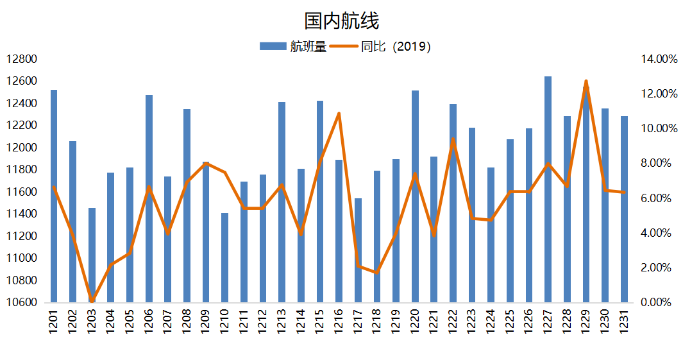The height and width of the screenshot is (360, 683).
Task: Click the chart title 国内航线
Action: (341, 21)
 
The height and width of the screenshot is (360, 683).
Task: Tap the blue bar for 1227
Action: (548, 189)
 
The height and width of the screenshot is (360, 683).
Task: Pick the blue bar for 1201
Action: (54, 196)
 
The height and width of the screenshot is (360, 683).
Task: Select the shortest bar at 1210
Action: (224, 257)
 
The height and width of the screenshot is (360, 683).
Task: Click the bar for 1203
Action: (92, 255)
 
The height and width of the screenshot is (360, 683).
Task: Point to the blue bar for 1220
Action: (415, 196)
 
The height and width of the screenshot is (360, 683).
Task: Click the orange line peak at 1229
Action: (586, 81)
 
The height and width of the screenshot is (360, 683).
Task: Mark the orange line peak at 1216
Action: (339, 114)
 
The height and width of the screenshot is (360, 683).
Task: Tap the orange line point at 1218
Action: (376, 273)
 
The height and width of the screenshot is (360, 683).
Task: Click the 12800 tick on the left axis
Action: (22, 59)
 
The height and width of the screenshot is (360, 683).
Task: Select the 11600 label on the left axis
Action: (22, 192)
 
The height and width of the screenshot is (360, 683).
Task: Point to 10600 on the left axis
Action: (22, 302)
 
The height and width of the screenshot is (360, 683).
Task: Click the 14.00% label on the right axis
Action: (659, 59)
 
